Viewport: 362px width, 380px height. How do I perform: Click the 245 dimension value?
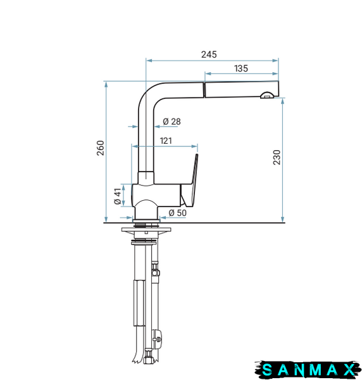(x=209, y=54)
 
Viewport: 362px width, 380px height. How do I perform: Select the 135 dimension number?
(x=241, y=68)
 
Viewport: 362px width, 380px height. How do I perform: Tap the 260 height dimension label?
(x=100, y=148)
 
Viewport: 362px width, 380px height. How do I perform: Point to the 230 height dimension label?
(x=277, y=157)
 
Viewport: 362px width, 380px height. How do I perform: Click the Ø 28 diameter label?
(x=172, y=122)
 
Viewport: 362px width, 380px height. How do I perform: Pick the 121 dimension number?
(x=166, y=141)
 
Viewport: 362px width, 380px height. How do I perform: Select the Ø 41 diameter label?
(x=118, y=196)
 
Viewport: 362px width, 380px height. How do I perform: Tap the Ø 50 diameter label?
(x=178, y=213)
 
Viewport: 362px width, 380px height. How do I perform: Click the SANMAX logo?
(x=307, y=370)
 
